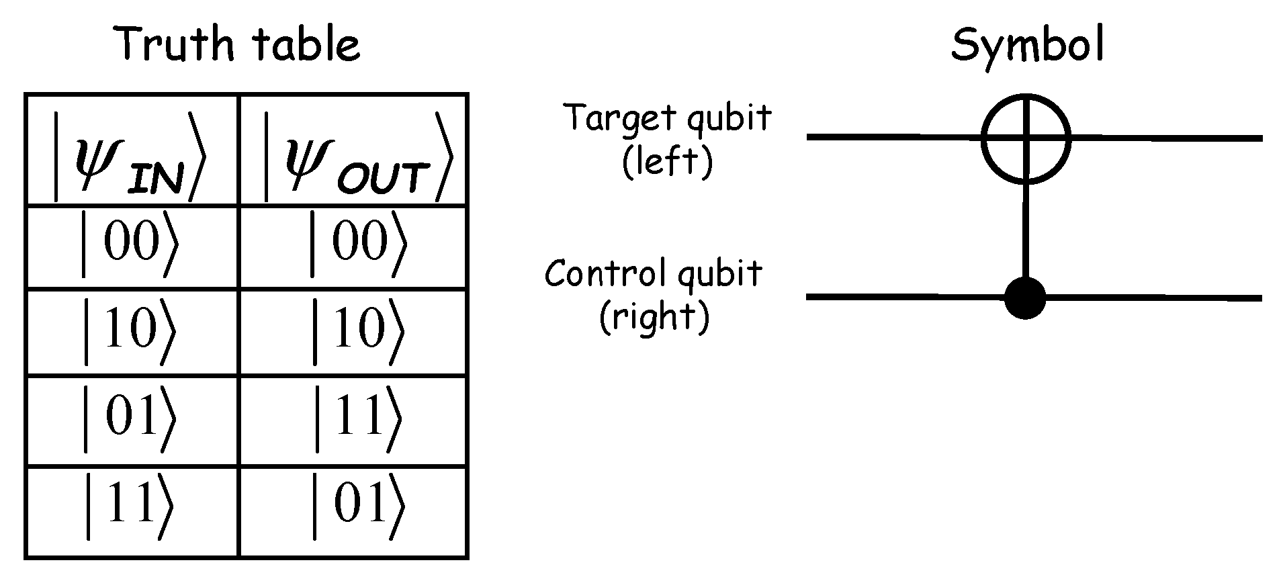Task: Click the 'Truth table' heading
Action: [x=238, y=44]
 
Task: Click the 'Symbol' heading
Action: [x=1026, y=44]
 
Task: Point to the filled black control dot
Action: [x=1025, y=297]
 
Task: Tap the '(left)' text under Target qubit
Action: [x=667, y=162]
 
